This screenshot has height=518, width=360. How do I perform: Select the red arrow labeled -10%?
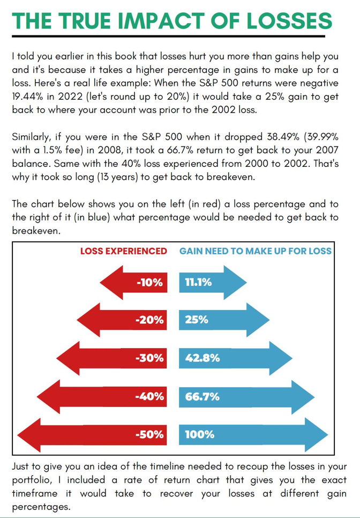click(133, 282)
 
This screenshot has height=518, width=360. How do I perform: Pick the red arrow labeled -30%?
click(112, 358)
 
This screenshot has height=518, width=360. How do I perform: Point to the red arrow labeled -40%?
click(102, 397)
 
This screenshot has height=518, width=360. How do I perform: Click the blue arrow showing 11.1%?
click(212, 282)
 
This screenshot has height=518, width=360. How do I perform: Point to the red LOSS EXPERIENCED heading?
click(124, 251)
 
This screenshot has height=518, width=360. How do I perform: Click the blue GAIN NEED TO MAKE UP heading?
click(255, 251)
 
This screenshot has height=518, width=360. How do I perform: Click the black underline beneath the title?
click(168, 36)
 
